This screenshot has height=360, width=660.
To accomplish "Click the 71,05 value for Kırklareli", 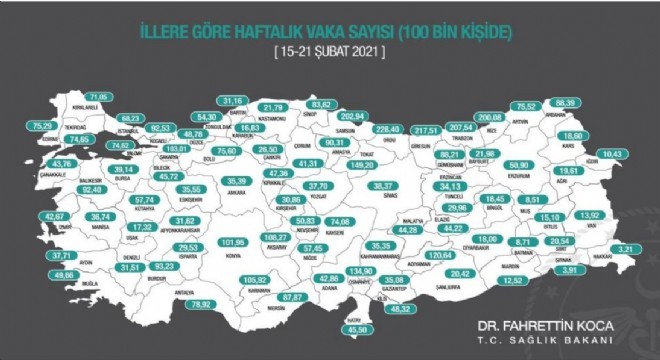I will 101,96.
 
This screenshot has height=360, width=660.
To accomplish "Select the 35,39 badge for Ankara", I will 236,181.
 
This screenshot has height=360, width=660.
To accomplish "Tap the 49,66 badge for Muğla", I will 63,274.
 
